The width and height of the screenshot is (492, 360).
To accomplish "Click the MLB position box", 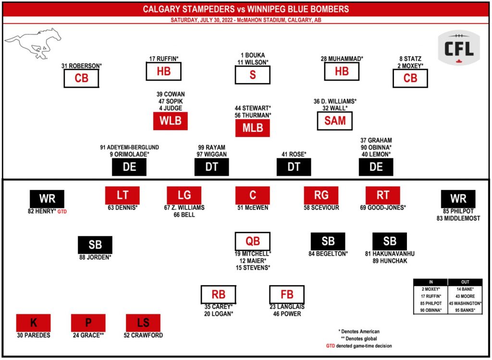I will click(x=252, y=128).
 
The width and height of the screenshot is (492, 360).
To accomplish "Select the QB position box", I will click(x=252, y=241).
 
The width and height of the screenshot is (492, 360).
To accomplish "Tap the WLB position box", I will click(x=170, y=121).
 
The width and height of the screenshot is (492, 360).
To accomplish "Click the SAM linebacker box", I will click(x=335, y=121).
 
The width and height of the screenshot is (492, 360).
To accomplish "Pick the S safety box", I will click(x=252, y=75).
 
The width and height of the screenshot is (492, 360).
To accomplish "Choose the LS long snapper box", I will click(x=143, y=323).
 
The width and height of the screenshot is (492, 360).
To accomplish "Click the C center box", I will click(x=252, y=195).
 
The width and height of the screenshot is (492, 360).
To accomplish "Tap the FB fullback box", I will click(x=287, y=294).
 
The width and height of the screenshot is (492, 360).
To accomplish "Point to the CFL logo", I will click(x=458, y=48).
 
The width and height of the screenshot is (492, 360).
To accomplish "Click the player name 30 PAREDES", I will click(x=34, y=335).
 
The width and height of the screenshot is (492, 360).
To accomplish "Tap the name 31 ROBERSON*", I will click(x=82, y=65).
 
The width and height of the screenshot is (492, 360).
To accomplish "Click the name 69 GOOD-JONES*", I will click(x=383, y=208).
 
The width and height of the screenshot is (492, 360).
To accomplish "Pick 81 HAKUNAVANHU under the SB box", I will click(x=390, y=253).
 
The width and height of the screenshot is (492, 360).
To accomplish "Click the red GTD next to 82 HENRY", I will click(x=61, y=211).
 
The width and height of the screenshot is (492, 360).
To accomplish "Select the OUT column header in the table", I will click(x=465, y=282).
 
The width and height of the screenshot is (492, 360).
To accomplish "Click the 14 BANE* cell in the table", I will click(x=465, y=289).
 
